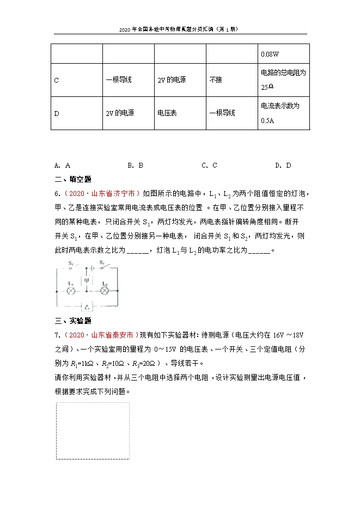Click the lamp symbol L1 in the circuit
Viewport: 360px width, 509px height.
point(70,291)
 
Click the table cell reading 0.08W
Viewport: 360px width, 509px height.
point(270,54)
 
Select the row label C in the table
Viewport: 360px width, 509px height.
point(57,80)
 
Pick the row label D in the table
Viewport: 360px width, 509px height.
point(57,113)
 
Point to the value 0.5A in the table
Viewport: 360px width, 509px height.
point(267,121)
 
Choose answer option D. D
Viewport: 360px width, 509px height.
point(283,165)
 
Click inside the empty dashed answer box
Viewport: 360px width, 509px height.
point(93,431)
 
